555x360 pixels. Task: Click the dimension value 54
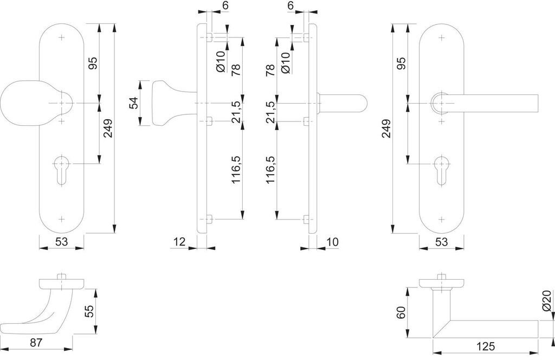click(x=133, y=103)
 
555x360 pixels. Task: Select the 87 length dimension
click(x=36, y=343)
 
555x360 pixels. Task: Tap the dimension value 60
click(x=401, y=312)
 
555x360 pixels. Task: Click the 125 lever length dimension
click(x=485, y=346)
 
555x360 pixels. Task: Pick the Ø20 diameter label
click(x=546, y=300)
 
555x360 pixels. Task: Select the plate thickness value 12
click(x=180, y=242)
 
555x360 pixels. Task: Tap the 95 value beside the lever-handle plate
click(x=401, y=63)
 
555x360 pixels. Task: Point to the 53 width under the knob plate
click(x=61, y=242)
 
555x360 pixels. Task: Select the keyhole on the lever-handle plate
click(x=441, y=170)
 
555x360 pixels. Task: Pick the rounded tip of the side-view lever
click(x=363, y=104)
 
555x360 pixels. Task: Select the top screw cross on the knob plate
click(x=62, y=37)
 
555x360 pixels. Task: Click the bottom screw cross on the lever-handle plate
click(x=441, y=219)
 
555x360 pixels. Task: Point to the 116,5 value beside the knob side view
click(x=236, y=170)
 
